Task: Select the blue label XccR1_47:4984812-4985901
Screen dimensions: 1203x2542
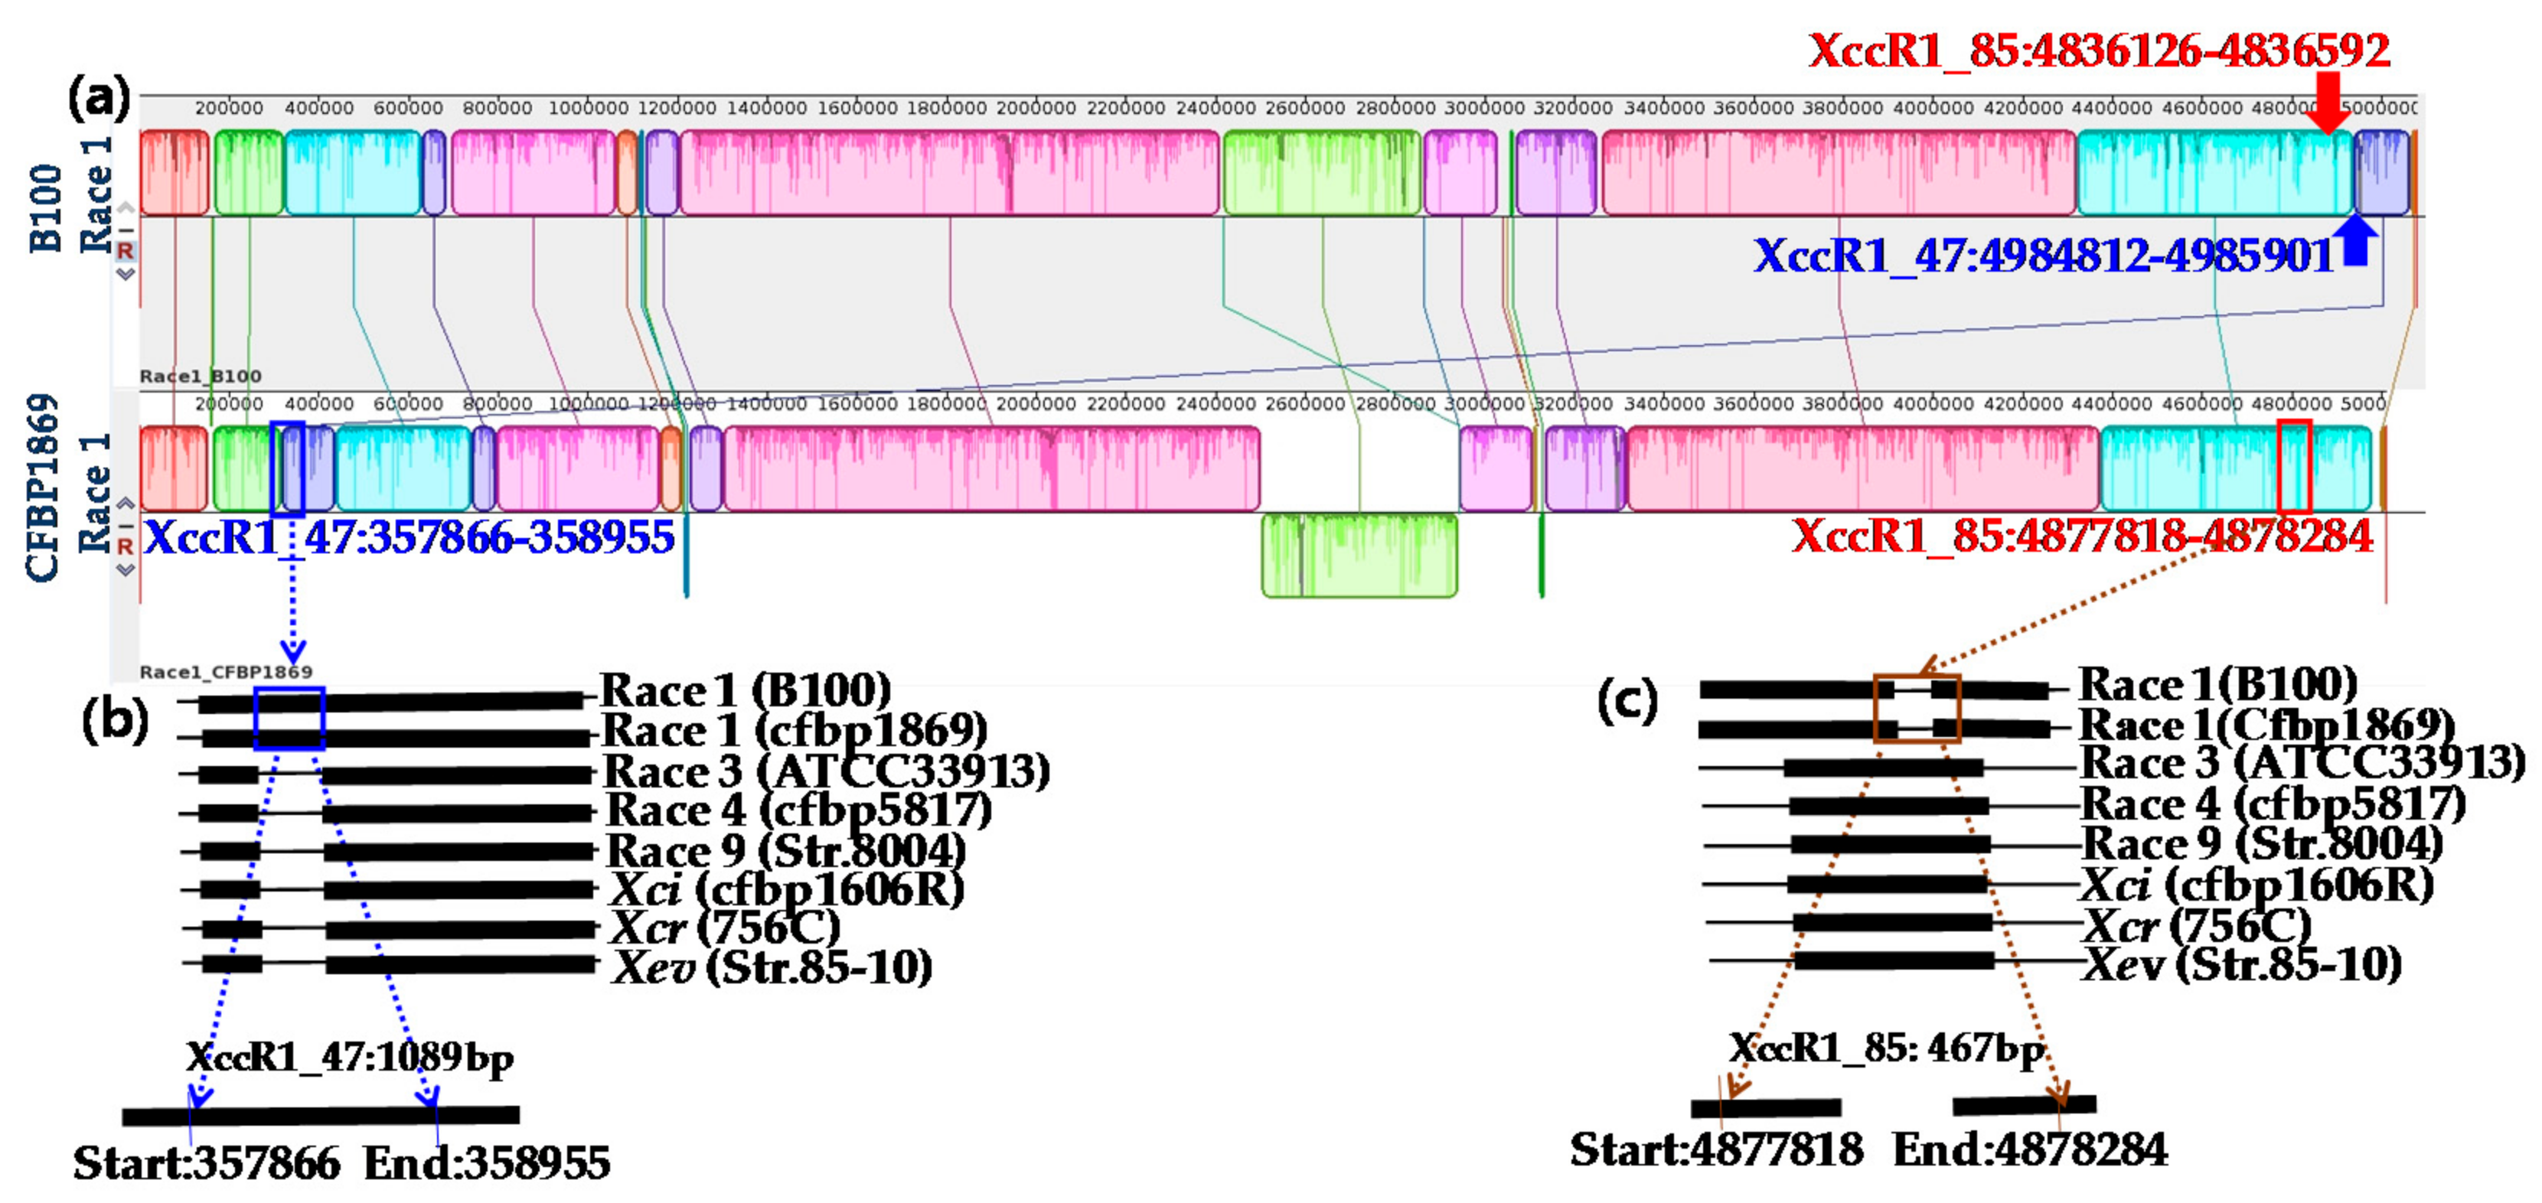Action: click(x=2043, y=256)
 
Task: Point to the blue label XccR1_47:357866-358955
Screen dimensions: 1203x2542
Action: click(x=410, y=538)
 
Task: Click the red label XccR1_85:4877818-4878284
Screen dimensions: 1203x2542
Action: click(x=2082, y=536)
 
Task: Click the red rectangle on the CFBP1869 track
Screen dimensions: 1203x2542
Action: click(x=2294, y=466)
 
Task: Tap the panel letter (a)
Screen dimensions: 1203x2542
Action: click(x=99, y=99)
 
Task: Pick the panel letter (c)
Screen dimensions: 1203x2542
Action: click(x=1627, y=702)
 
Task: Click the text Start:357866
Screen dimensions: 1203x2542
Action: click(x=207, y=1162)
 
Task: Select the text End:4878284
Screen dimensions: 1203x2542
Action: click(x=2030, y=1149)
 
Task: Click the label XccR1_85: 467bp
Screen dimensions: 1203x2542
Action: click(x=1887, y=1047)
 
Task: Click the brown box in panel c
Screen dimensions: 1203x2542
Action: click(x=1917, y=708)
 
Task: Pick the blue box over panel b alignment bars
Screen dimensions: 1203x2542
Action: click(x=289, y=718)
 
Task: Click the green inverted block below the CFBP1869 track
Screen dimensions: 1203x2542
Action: click(x=1359, y=555)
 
